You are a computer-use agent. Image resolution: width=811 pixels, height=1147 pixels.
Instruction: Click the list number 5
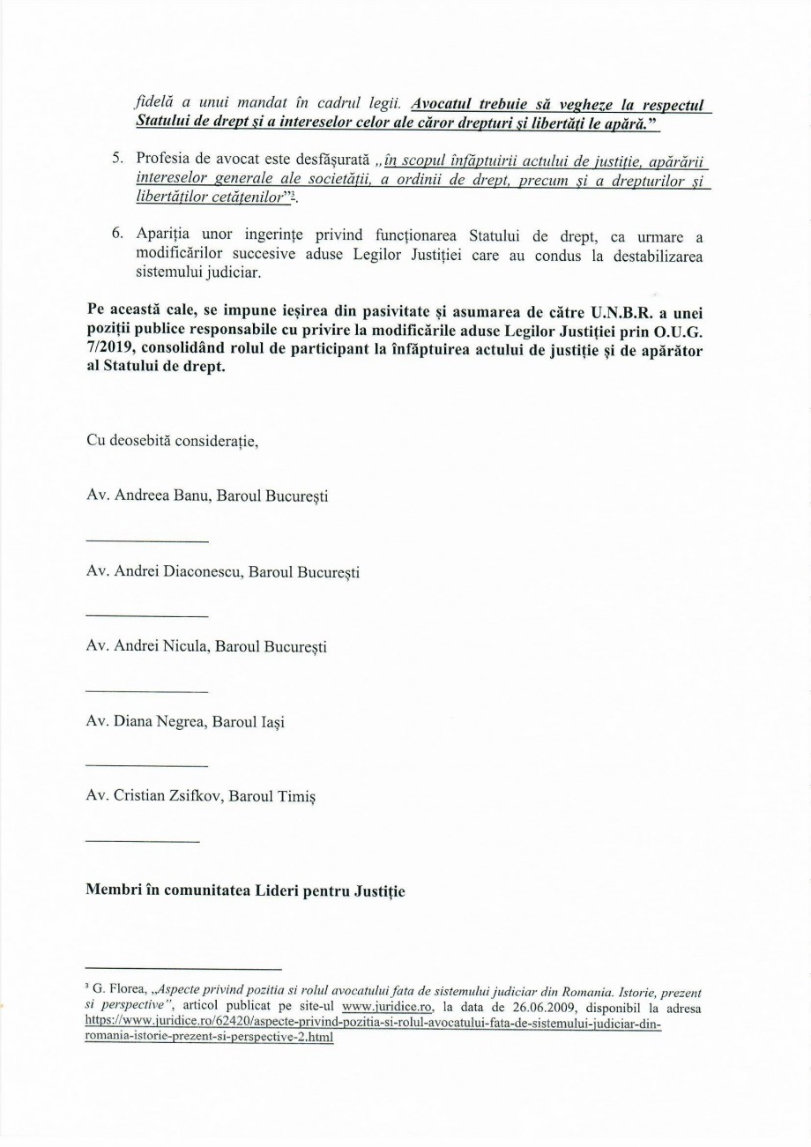tap(115, 157)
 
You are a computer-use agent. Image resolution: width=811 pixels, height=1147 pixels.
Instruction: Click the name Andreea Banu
tap(161, 496)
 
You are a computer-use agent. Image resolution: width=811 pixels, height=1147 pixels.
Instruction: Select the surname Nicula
tap(181, 646)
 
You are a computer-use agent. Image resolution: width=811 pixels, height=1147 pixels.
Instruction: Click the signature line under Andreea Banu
tap(147, 540)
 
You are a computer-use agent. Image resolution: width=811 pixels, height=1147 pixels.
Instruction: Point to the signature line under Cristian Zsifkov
tap(143, 841)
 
